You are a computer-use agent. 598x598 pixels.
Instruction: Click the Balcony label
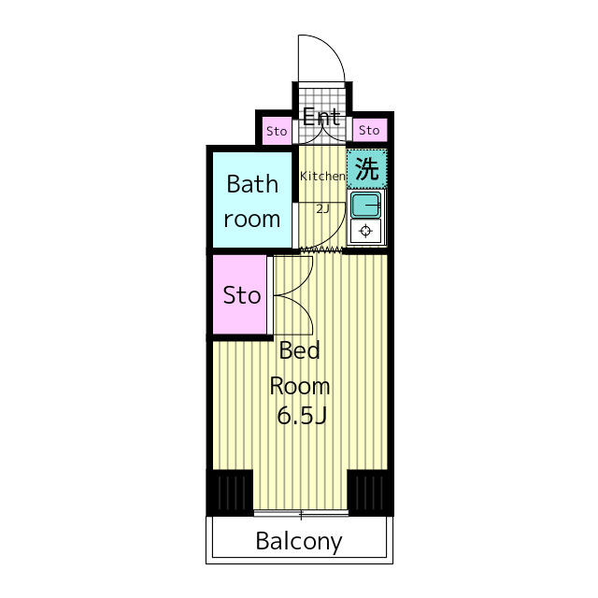(x=299, y=541)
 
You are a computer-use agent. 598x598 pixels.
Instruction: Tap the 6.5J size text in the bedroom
(x=301, y=415)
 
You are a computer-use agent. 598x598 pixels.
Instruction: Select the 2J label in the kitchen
(x=322, y=209)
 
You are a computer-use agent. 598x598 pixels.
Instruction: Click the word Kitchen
(x=322, y=176)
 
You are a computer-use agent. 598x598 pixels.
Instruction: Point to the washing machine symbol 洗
(x=367, y=168)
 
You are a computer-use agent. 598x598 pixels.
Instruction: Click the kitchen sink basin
(x=365, y=205)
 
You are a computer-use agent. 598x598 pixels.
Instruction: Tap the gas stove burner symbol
(x=365, y=231)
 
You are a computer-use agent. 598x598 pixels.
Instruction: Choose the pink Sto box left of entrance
(x=277, y=131)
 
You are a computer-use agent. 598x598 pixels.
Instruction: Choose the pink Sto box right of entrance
(x=369, y=130)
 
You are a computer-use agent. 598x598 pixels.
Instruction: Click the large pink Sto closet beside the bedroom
(x=239, y=295)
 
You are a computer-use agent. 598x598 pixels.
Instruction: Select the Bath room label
(x=251, y=202)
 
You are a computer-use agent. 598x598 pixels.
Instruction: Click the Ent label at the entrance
(x=321, y=117)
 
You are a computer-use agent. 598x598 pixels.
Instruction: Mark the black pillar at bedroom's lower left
(x=231, y=492)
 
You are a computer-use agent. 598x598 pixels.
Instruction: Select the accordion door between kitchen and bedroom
(x=321, y=250)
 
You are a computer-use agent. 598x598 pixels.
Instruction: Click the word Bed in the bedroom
(x=299, y=350)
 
